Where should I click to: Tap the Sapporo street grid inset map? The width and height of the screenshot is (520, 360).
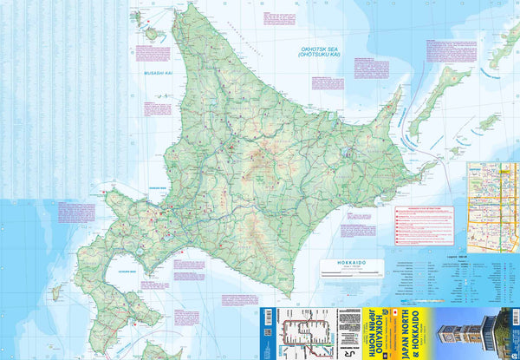pos(492,200)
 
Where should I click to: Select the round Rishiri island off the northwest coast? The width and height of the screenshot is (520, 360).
pos(154,35)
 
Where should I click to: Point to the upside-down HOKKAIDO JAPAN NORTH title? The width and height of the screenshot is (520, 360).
pos(368,333)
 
